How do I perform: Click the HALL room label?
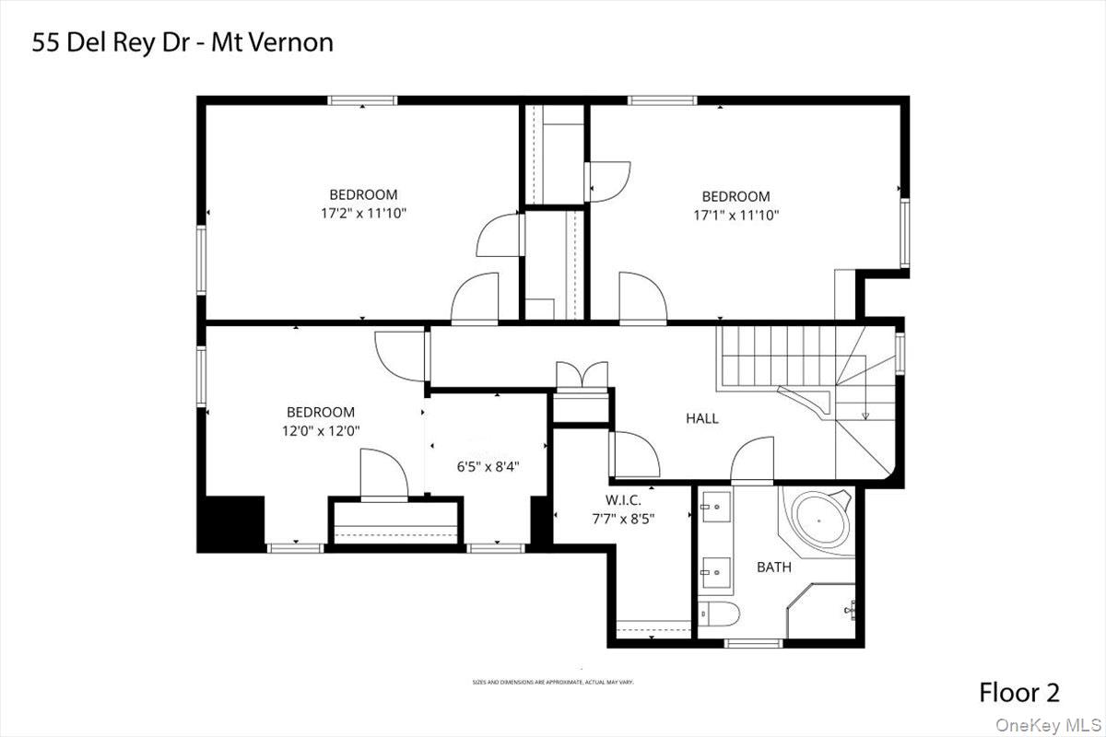702,418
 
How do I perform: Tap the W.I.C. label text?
623,501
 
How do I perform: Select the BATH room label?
773,567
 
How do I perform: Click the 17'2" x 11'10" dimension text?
364,213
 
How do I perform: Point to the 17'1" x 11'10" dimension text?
736,215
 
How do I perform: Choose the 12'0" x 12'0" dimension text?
321,430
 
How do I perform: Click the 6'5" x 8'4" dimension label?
488,466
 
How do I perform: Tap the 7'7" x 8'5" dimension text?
623,519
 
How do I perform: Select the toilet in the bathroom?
715,614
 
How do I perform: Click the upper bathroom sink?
714,506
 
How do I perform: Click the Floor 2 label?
1018,693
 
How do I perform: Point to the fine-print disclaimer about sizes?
553,683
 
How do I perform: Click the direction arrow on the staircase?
865,415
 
